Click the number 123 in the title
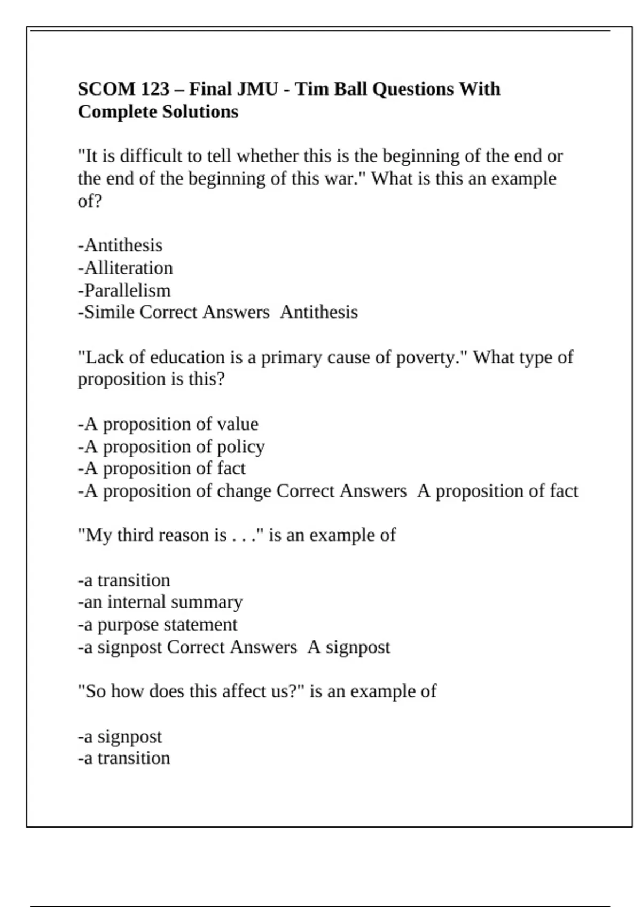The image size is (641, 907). pyautogui.click(x=155, y=89)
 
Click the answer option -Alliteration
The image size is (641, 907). pyautogui.click(x=126, y=268)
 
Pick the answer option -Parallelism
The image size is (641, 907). pyautogui.click(x=124, y=290)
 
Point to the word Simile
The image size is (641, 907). pyautogui.click(x=110, y=312)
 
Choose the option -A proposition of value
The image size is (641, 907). pyautogui.click(x=168, y=424)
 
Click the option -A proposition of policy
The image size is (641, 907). pyautogui.click(x=171, y=447)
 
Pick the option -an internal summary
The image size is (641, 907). pyautogui.click(x=160, y=602)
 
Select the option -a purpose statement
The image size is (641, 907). pyautogui.click(x=158, y=625)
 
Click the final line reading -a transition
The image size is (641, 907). pyautogui.click(x=124, y=758)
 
